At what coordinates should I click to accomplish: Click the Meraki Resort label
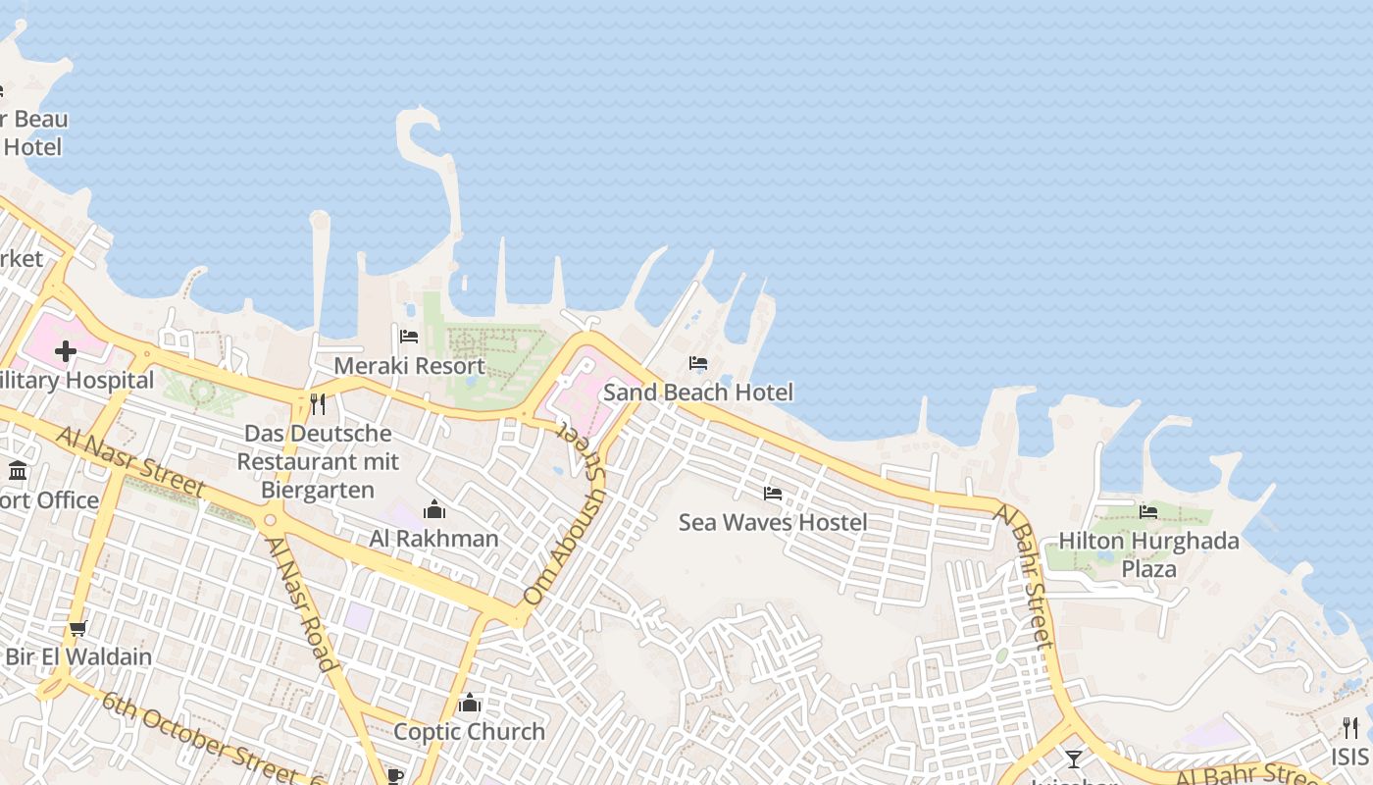(409, 366)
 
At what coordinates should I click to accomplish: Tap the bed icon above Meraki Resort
(409, 337)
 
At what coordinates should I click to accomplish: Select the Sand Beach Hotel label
(697, 392)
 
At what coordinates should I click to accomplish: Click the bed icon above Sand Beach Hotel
(698, 363)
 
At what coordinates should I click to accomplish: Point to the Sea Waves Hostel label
(773, 522)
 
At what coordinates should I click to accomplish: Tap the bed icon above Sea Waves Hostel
(773, 494)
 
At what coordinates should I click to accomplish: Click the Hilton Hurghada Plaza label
(1148, 554)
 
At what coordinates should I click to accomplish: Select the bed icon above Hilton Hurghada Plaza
(1148, 511)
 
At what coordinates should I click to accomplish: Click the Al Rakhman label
(433, 539)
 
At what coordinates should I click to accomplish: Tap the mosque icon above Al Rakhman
(433, 509)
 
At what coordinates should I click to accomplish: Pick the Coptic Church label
(469, 732)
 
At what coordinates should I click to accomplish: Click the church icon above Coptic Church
(469, 703)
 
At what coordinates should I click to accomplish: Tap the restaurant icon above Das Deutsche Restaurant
(318, 403)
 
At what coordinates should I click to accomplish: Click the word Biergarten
(318, 490)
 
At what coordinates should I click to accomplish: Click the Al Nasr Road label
(302, 602)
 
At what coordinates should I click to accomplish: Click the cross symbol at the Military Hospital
(66, 351)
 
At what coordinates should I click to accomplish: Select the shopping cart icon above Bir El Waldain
(78, 628)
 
